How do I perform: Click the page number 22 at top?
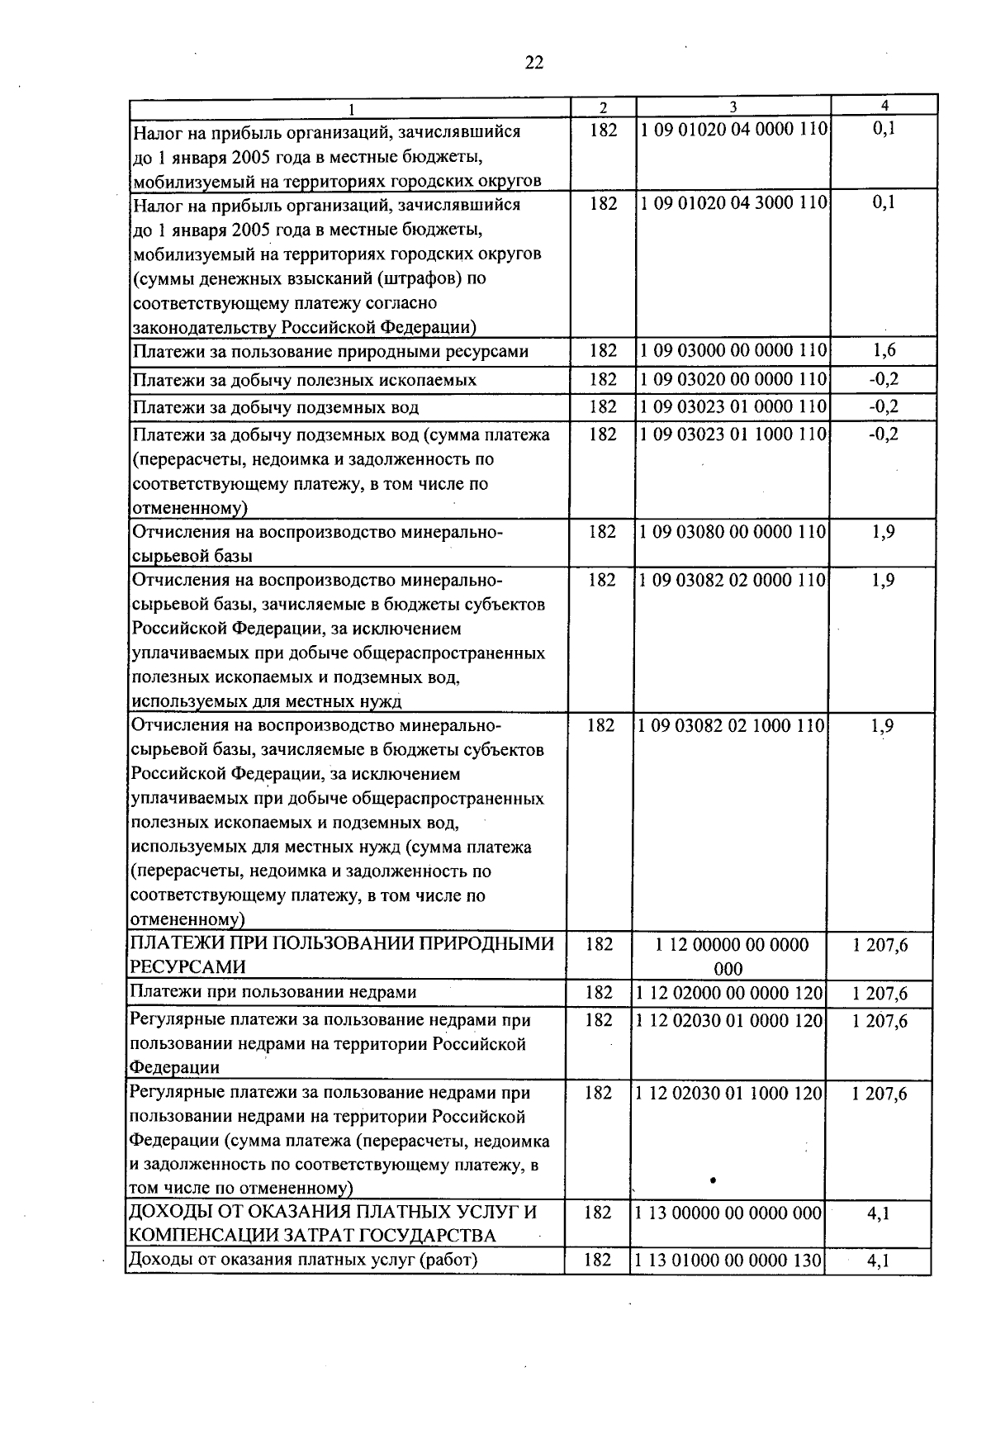534,64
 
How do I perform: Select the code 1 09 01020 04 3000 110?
733,203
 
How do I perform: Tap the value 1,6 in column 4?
884,351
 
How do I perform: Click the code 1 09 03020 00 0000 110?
733,380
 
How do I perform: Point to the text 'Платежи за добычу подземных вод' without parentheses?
276,407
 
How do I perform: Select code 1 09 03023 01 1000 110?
733,434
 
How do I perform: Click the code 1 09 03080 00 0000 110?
733,532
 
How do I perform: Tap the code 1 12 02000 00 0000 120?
730,993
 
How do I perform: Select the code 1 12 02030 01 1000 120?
730,1094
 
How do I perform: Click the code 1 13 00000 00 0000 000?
730,1213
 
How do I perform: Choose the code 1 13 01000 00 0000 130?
730,1260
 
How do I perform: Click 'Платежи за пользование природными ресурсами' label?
330,352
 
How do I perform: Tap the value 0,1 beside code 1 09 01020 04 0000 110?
884,131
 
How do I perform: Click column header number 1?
352,108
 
